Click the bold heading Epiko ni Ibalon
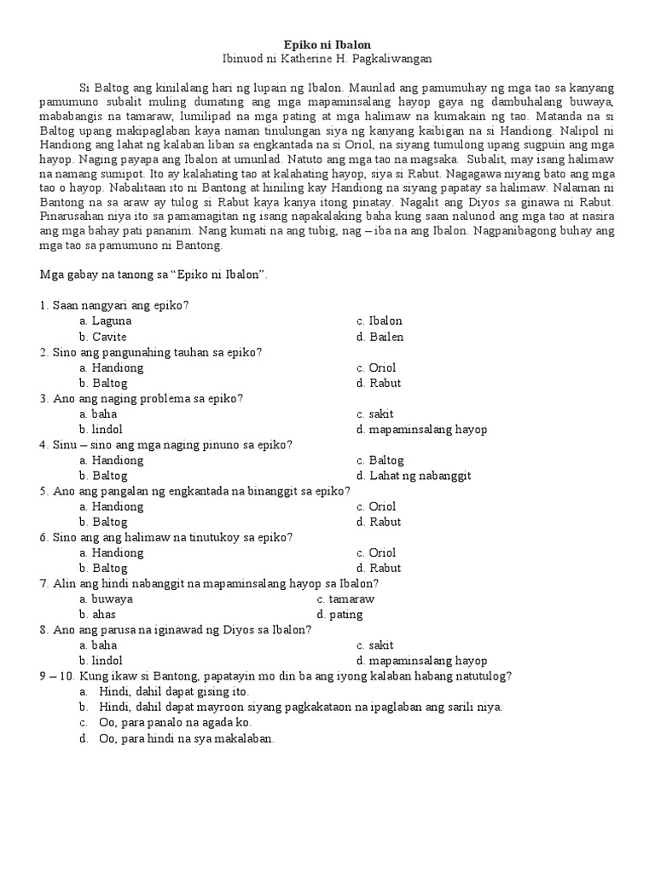[x=327, y=43]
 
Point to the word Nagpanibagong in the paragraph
[x=521, y=230]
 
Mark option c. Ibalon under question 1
[x=380, y=321]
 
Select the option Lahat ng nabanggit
[x=414, y=476]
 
